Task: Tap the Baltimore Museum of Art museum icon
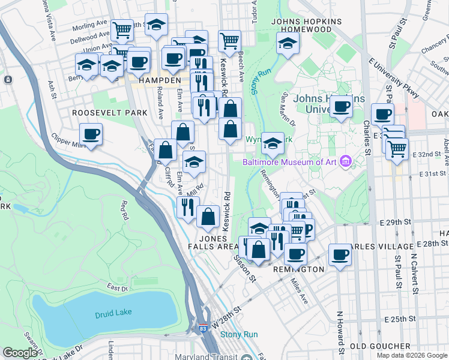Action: pyautogui.click(x=345, y=161)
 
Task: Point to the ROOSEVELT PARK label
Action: pyautogui.click(x=109, y=112)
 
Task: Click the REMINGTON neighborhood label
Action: pyautogui.click(x=299, y=270)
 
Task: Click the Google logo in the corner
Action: pyautogui.click(x=20, y=352)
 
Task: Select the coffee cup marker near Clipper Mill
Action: pyautogui.click(x=91, y=133)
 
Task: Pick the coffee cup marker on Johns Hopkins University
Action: pyautogui.click(x=342, y=107)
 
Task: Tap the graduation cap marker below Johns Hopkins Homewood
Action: pyautogui.click(x=288, y=43)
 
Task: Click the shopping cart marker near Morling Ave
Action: pyautogui.click(x=122, y=29)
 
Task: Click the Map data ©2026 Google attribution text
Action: pyautogui.click(x=411, y=355)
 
